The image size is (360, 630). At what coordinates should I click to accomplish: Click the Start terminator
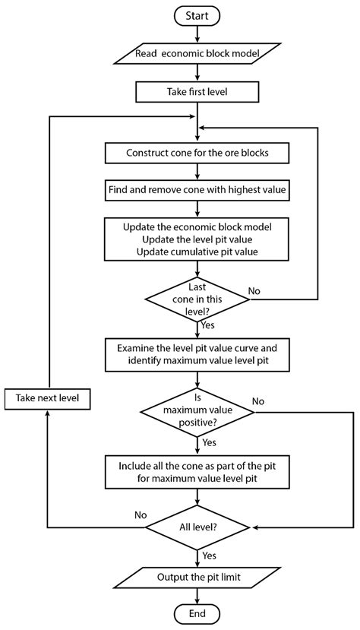tap(197, 14)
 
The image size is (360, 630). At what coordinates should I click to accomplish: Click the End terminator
tap(197, 614)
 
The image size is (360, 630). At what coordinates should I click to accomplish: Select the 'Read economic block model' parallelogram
tap(197, 53)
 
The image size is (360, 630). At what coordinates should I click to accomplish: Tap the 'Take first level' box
tap(197, 91)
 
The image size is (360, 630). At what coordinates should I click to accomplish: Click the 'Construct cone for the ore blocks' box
tap(197, 152)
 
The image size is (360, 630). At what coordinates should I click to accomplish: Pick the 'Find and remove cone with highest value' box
tap(197, 188)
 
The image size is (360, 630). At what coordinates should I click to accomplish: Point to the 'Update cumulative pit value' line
tap(197, 252)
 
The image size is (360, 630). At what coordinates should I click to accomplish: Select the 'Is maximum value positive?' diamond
tap(197, 412)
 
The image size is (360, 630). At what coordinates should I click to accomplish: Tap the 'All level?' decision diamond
tap(197, 527)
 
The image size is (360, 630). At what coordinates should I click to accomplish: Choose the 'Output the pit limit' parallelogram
tap(197, 577)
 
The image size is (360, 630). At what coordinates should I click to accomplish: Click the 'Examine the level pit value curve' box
tap(197, 355)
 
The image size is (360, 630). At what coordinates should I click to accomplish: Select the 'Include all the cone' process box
tap(197, 472)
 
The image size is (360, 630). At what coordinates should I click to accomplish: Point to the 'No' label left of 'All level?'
tap(141, 514)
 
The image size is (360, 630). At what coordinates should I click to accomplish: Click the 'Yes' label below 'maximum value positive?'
tap(210, 442)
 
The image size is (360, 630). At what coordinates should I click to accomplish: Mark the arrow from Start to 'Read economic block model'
tap(197, 33)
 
